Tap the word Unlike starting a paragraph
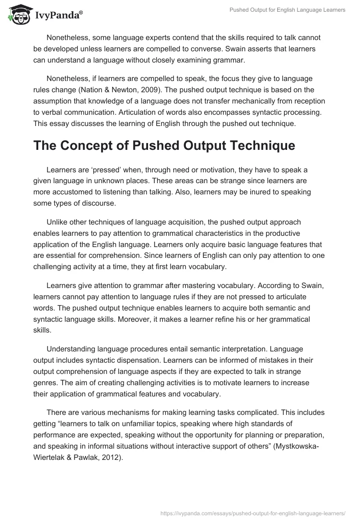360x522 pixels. tap(57, 222)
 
